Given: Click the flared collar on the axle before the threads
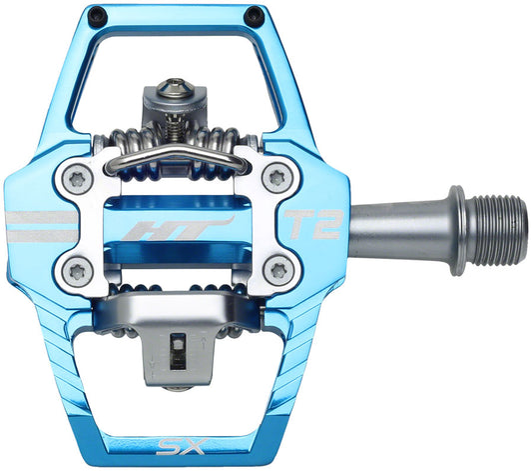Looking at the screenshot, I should tap(454, 216).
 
